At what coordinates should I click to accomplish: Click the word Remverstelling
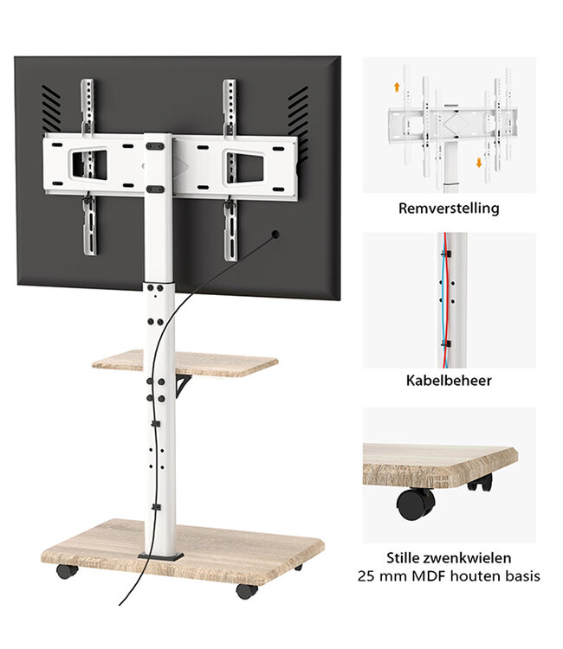pyautogui.click(x=449, y=209)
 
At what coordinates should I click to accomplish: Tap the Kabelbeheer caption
pyautogui.click(x=449, y=381)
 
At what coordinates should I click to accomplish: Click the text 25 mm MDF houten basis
pyautogui.click(x=449, y=575)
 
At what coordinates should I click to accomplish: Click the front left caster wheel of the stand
pyautogui.click(x=66, y=570)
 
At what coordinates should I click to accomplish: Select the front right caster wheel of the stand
pyautogui.click(x=246, y=591)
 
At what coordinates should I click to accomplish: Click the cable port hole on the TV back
pyautogui.click(x=275, y=235)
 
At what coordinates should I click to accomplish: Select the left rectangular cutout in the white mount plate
pyautogui.click(x=87, y=164)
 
